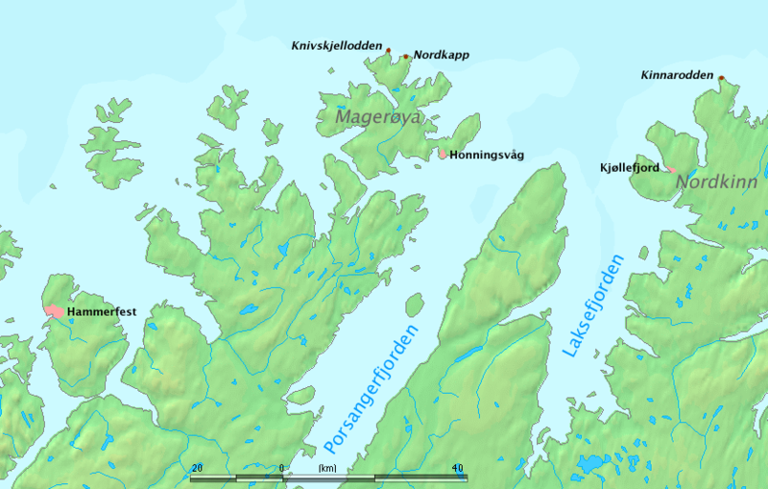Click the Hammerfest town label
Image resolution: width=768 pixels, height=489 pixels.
tap(100, 313)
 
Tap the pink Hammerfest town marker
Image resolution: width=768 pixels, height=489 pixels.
tap(53, 311)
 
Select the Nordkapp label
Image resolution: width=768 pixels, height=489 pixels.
tap(441, 55)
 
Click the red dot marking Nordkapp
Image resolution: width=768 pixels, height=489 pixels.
tap(406, 57)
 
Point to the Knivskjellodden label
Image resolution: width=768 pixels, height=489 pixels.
tap(337, 44)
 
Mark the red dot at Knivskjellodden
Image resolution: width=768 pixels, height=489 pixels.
tap(389, 48)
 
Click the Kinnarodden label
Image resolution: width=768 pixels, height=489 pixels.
tap(678, 74)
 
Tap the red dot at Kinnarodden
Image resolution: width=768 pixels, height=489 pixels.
tap(721, 79)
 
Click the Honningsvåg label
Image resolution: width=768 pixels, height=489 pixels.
tap(486, 155)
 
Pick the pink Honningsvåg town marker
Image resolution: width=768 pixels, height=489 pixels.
tap(442, 153)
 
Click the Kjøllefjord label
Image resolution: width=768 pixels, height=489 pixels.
tap(628, 168)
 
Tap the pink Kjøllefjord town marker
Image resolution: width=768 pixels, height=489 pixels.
tap(669, 169)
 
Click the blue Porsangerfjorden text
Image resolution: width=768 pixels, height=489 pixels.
tap(372, 389)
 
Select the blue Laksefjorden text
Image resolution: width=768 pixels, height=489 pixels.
tap(592, 307)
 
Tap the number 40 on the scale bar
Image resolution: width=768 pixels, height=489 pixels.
tap(457, 468)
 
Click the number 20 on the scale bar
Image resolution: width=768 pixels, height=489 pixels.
tap(197, 468)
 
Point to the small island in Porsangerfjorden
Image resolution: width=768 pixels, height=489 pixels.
tap(415, 306)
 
